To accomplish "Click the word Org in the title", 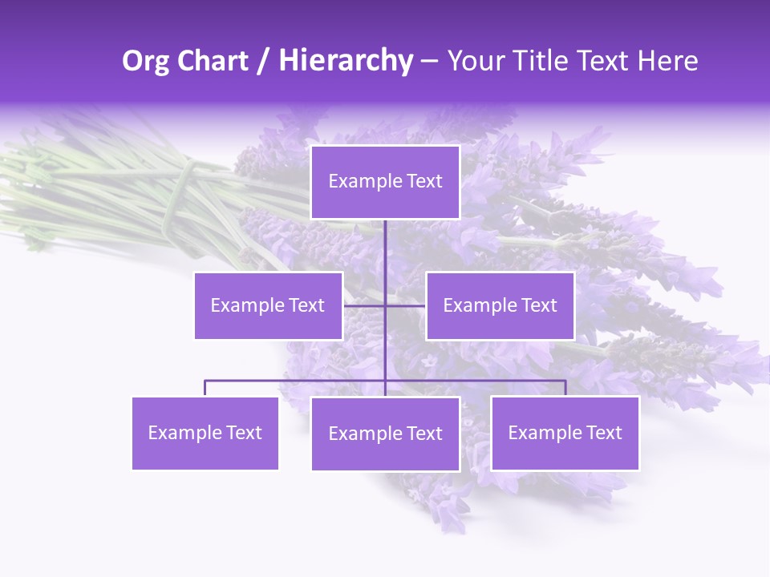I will (145, 61).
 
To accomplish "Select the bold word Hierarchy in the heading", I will (345, 61).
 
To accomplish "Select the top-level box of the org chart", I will (385, 182).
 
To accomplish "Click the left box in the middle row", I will (268, 305).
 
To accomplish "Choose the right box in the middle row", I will (500, 305).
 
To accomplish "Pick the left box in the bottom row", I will (205, 433).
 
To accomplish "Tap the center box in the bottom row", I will (385, 434).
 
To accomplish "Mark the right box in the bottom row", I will (565, 433).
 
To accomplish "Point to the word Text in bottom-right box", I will (604, 433).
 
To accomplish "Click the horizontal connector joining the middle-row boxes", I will (365, 305).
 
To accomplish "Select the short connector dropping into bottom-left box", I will (205, 388).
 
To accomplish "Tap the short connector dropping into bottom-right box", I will (565, 388).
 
